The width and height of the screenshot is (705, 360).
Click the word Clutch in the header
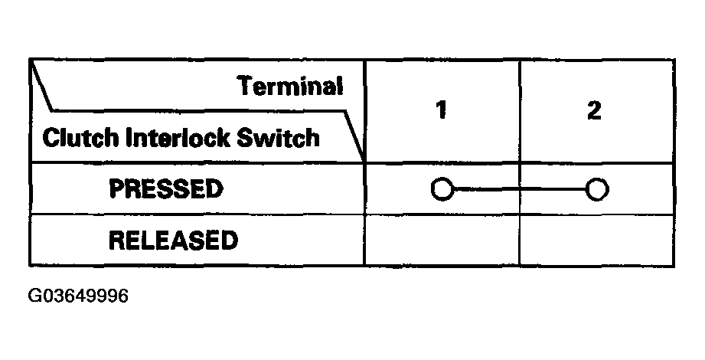tap(71, 139)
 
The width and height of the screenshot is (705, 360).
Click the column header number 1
tap(441, 110)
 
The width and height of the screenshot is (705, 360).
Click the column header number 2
tap(594, 110)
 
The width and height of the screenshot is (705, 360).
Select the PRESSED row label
tap(166, 188)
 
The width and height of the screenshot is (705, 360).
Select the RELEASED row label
tap(173, 241)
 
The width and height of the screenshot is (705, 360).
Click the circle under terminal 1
tap(441, 188)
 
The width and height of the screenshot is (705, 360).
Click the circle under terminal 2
tap(596, 188)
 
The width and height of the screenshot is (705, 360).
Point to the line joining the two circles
tap(518, 188)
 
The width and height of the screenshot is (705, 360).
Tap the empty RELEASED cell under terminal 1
tap(442, 241)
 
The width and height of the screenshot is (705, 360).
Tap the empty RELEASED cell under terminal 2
tap(596, 241)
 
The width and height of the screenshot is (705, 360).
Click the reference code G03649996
tap(79, 296)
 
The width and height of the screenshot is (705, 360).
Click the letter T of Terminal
tap(244, 86)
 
